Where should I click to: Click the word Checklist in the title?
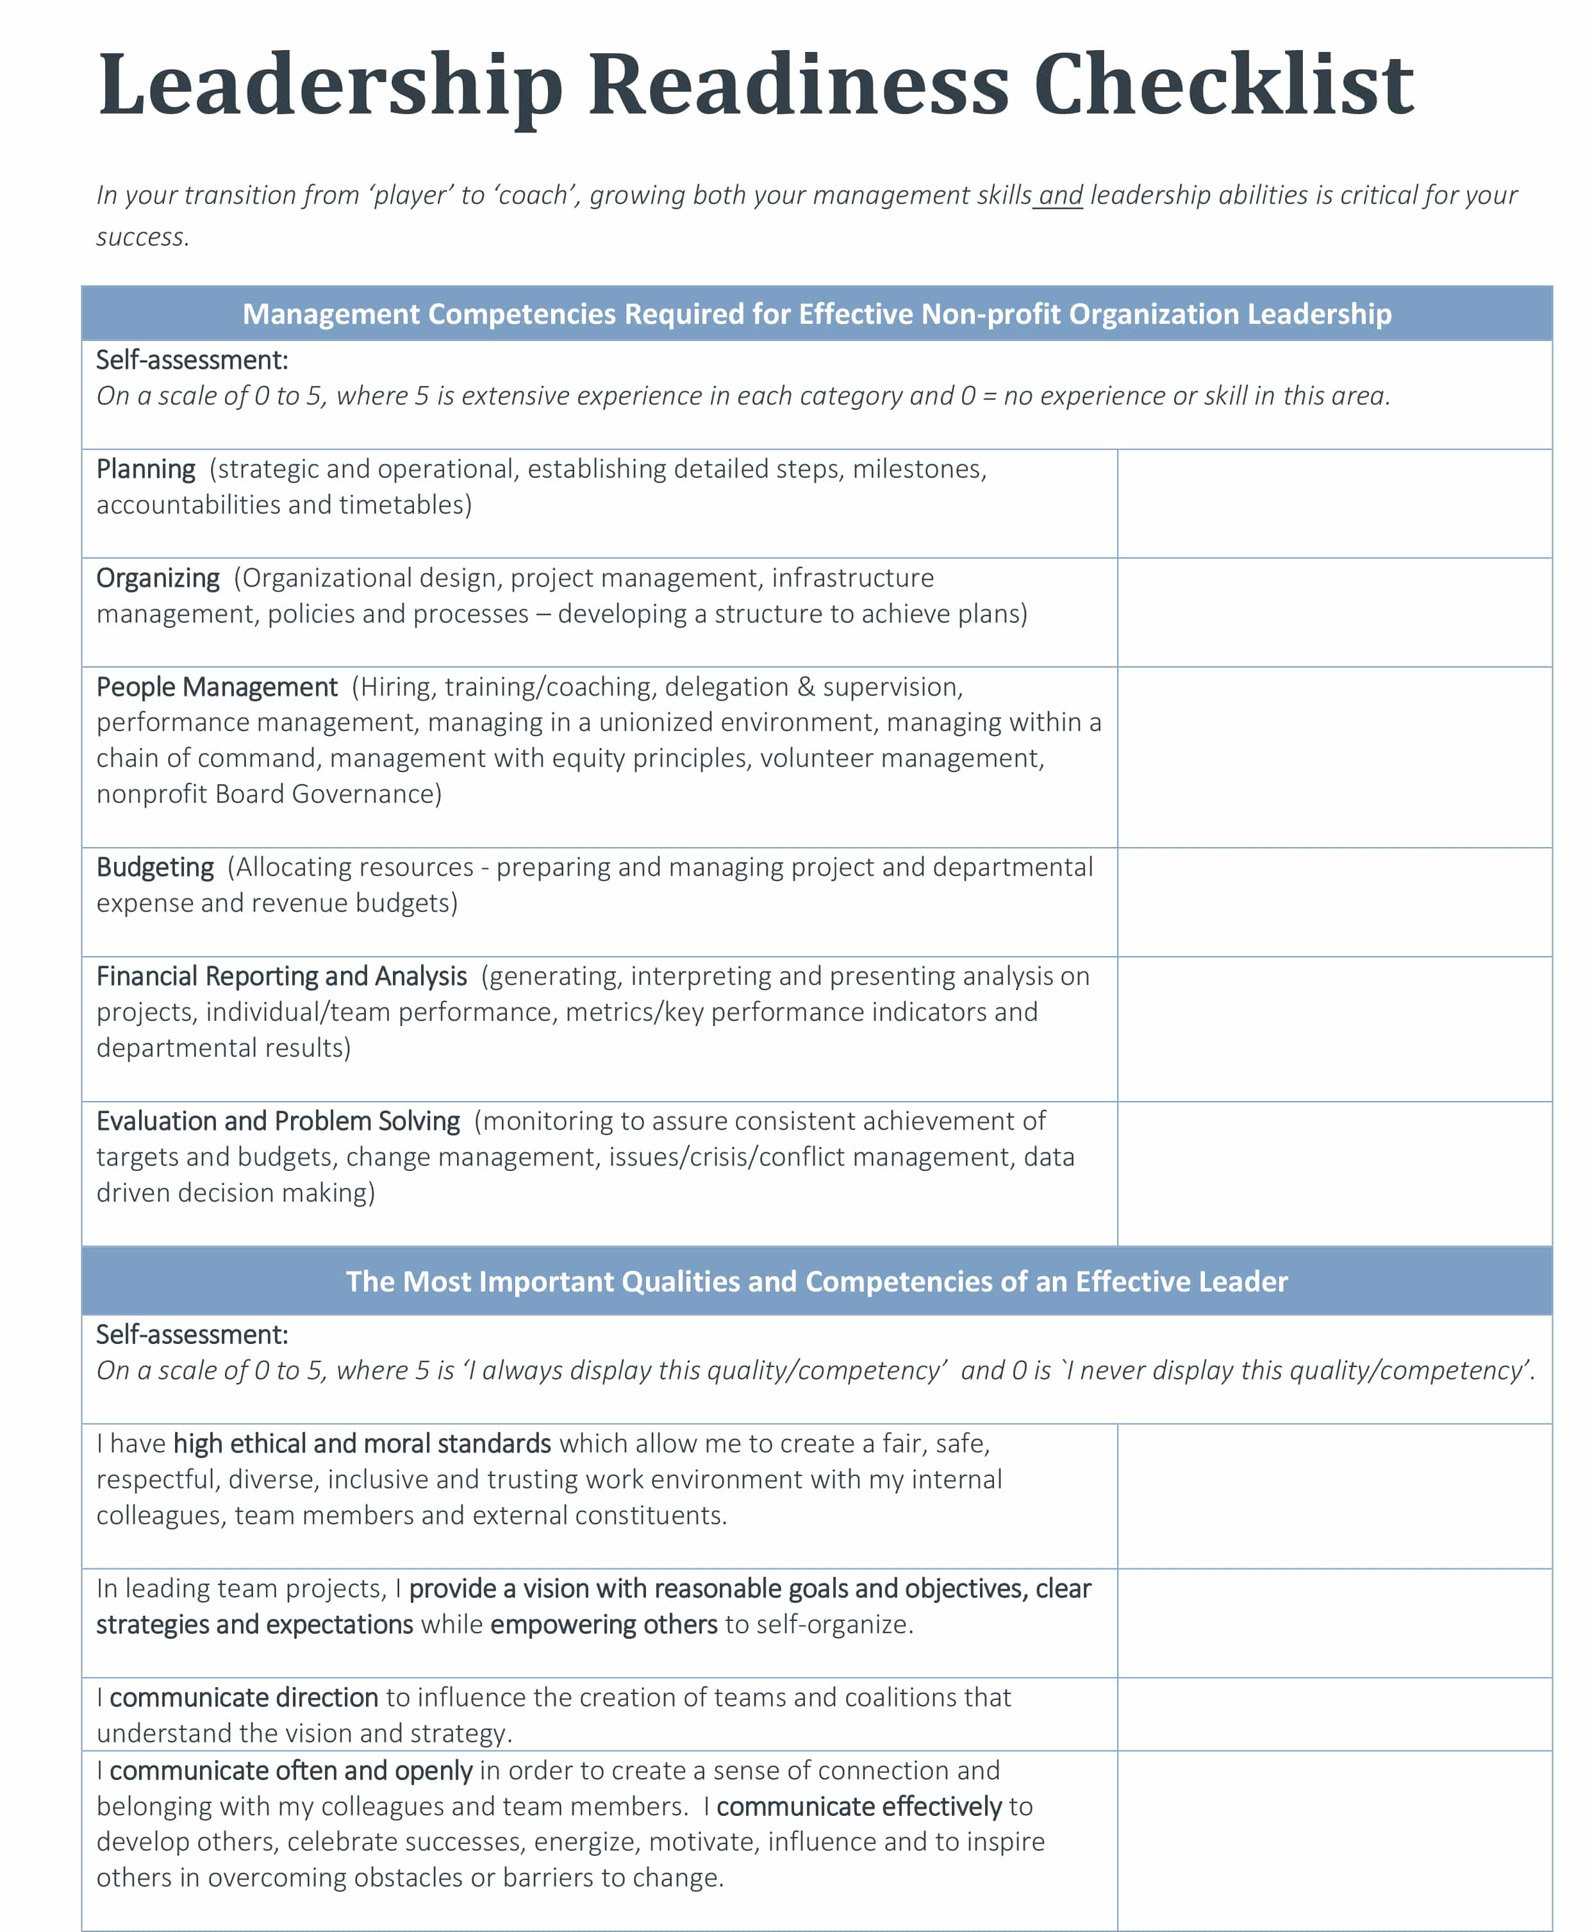pyautogui.click(x=1223, y=85)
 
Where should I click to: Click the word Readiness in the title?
pyautogui.click(x=798, y=85)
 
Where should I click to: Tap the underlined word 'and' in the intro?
pyautogui.click(x=1060, y=196)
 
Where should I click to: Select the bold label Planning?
pyautogui.click(x=146, y=469)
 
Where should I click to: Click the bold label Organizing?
pyautogui.click(x=158, y=578)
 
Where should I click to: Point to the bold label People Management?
pyautogui.click(x=217, y=687)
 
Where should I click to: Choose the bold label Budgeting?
pyautogui.click(x=155, y=867)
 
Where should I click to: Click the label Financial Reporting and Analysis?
pyautogui.click(x=281, y=976)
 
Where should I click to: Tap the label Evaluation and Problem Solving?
pyautogui.click(x=278, y=1121)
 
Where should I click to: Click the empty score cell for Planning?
pyautogui.click(x=1334, y=503)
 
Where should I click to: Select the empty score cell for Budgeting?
pyautogui.click(x=1334, y=902)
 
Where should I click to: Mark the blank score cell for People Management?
pyautogui.click(x=1334, y=757)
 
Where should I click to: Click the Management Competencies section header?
pyautogui.click(x=816, y=314)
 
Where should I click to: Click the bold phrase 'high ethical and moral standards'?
pyautogui.click(x=362, y=1444)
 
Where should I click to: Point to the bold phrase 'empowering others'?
pyautogui.click(x=604, y=1625)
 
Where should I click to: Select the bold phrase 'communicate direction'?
pyautogui.click(x=244, y=1697)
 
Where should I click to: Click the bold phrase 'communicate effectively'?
pyautogui.click(x=859, y=1806)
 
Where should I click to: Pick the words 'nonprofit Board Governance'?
pyautogui.click(x=269, y=794)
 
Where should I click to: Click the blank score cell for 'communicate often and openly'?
pyautogui.click(x=1334, y=1840)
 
